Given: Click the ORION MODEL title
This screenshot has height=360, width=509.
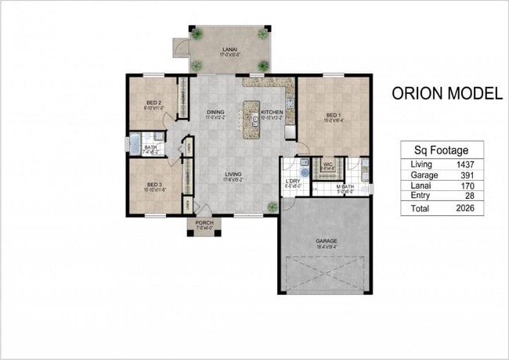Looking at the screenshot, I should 446,95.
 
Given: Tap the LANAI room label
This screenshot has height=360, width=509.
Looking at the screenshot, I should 229,50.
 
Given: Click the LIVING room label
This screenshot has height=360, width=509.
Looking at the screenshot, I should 232,175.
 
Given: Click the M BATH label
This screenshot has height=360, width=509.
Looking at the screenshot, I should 345,187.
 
